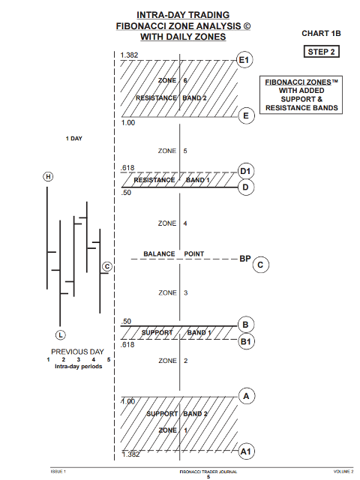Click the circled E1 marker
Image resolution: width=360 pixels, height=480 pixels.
(244, 60)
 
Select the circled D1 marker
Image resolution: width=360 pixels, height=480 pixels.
(246, 171)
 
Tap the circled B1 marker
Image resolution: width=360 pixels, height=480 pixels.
(246, 341)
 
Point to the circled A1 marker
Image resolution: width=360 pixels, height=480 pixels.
(246, 451)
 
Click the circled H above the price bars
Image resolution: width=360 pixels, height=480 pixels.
(48, 177)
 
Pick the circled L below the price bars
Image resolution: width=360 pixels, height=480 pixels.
(60, 335)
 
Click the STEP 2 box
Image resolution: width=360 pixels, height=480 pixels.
(322, 52)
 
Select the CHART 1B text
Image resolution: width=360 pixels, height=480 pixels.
(321, 33)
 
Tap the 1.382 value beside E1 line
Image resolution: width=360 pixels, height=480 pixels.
(129, 55)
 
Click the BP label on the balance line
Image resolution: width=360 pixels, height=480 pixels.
(245, 259)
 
